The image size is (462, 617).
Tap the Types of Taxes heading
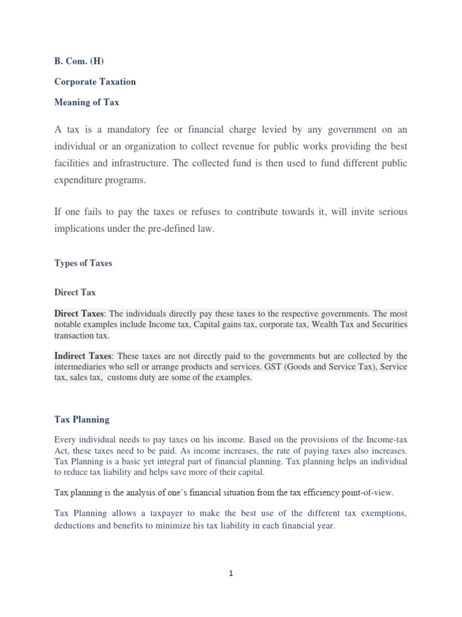(83, 263)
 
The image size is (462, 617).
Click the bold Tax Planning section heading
(82, 419)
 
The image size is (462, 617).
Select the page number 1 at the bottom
(231, 574)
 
